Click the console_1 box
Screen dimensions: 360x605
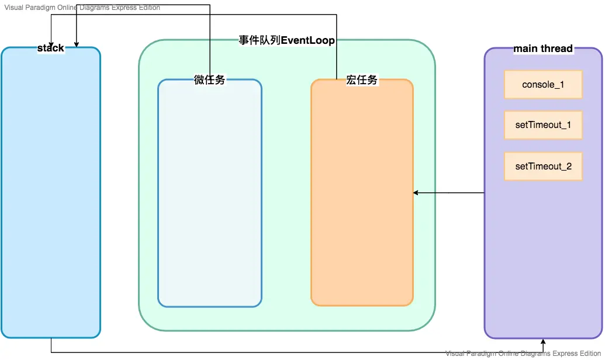(543, 85)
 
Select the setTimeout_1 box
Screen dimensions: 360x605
(543, 125)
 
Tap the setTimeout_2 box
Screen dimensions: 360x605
(543, 167)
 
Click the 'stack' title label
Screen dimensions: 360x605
(51, 48)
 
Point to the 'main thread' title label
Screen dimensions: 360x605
(543, 49)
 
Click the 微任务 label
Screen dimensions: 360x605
(209, 81)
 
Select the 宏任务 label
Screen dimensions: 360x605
(362, 81)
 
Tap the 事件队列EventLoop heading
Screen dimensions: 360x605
(286, 40)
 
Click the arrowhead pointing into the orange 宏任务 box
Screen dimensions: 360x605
(416, 193)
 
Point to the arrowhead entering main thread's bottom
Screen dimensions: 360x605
(543, 342)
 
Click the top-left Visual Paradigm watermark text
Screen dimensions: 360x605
(82, 8)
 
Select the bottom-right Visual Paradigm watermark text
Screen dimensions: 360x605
(523, 354)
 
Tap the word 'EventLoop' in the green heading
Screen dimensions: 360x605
(308, 40)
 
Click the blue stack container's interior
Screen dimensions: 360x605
(51, 193)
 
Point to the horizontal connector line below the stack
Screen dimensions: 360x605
(292, 352)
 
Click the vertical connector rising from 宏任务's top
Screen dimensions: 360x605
(336, 47)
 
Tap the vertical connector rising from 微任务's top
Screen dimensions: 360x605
(209, 41)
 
